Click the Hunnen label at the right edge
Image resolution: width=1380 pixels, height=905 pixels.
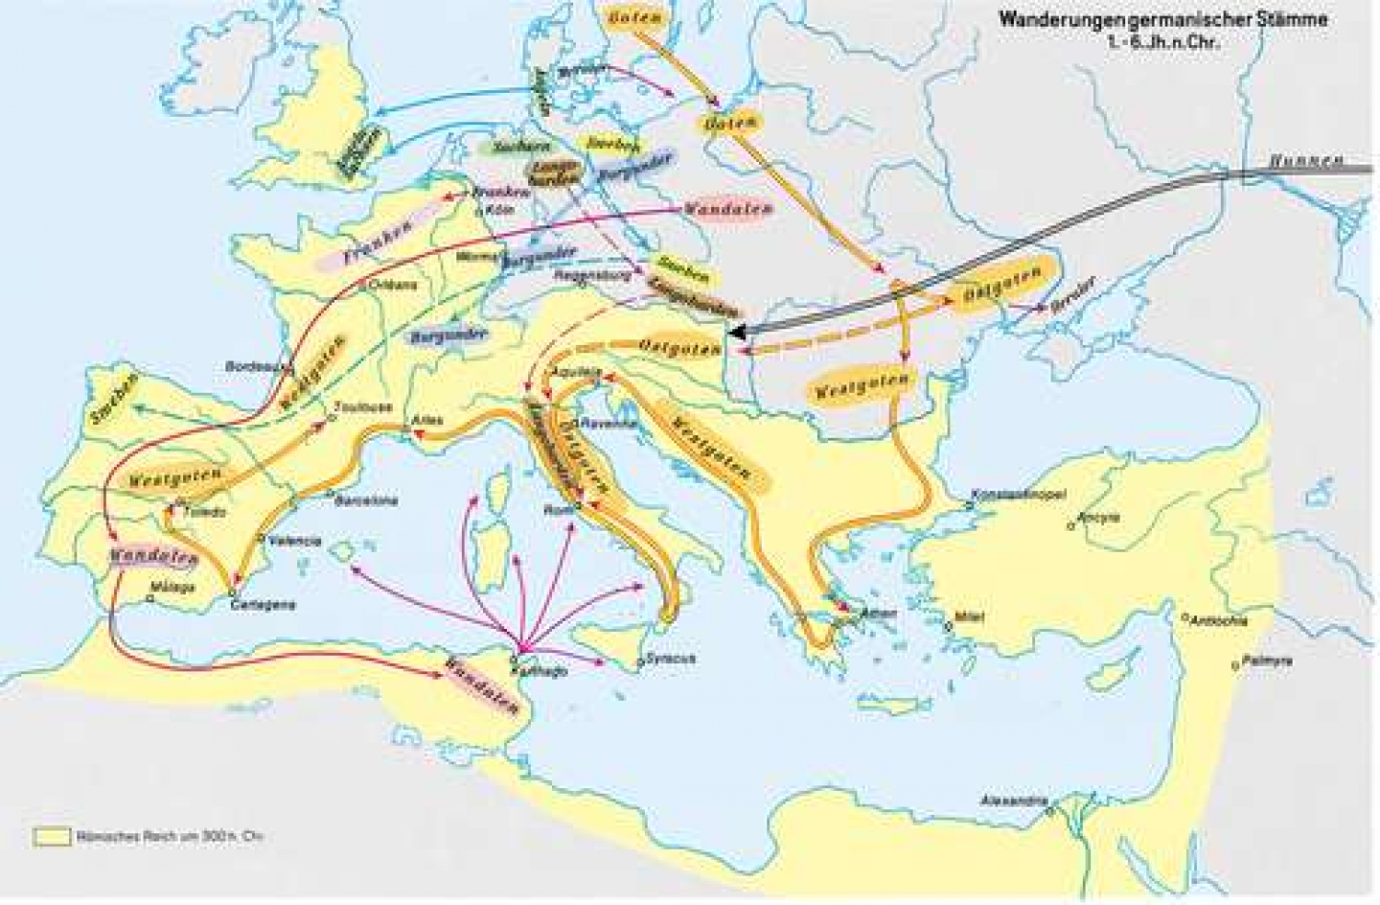click(1305, 162)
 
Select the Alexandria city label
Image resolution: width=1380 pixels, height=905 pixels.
click(1013, 800)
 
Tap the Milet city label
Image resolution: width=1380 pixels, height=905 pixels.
click(971, 617)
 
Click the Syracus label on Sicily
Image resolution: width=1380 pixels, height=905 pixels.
click(670, 659)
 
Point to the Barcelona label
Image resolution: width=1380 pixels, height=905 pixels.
click(366, 501)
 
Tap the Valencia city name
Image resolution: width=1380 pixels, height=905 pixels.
click(294, 541)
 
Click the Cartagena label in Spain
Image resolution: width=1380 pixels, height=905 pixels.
click(263, 604)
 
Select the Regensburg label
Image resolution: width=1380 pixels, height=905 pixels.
click(590, 274)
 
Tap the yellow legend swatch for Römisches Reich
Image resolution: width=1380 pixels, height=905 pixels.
click(52, 836)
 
